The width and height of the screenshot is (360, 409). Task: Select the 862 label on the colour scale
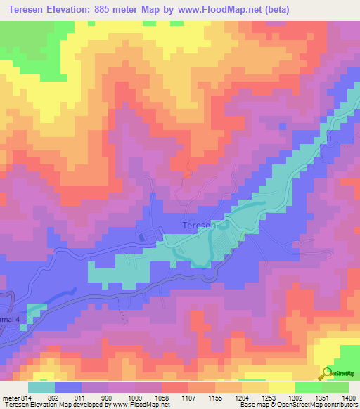tap(54, 398)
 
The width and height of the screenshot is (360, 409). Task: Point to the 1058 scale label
tap(162, 398)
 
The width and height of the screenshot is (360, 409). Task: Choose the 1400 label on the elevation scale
tap(349, 398)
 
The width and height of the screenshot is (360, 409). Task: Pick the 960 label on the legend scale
tap(108, 398)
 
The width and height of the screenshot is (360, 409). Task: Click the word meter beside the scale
tap(10, 398)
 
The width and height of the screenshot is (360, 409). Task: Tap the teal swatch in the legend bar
tap(41, 387)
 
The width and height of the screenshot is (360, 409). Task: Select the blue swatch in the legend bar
tap(68, 387)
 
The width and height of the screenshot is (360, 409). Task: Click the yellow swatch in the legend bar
tap(281, 387)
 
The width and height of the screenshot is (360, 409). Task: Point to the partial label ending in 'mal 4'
tap(11, 320)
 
